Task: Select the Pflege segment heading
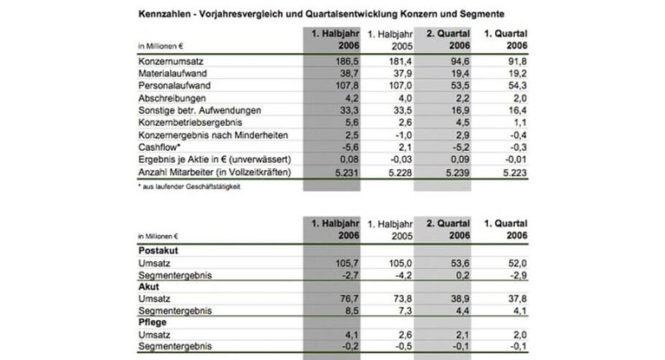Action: (x=153, y=322)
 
